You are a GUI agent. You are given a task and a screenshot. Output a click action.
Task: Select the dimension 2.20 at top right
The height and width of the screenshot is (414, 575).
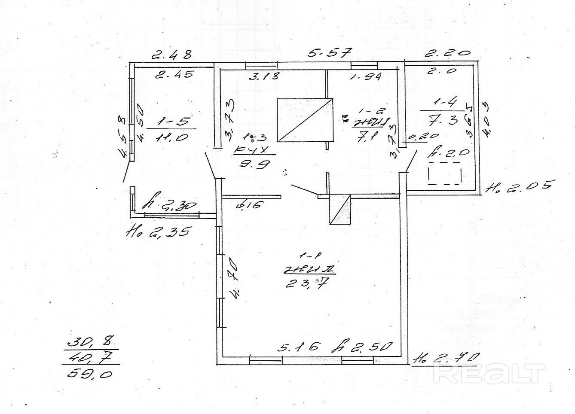(447, 53)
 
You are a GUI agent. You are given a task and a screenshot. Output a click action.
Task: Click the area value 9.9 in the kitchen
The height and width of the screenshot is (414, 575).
(254, 164)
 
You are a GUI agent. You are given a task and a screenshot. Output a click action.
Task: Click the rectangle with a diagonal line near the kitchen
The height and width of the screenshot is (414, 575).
(305, 120)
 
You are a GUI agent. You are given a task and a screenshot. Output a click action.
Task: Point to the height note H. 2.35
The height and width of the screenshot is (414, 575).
(156, 232)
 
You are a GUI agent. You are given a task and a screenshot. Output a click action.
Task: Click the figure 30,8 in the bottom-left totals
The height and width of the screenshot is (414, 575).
(90, 342)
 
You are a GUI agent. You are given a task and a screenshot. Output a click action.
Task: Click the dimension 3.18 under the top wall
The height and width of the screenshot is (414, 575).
(264, 76)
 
